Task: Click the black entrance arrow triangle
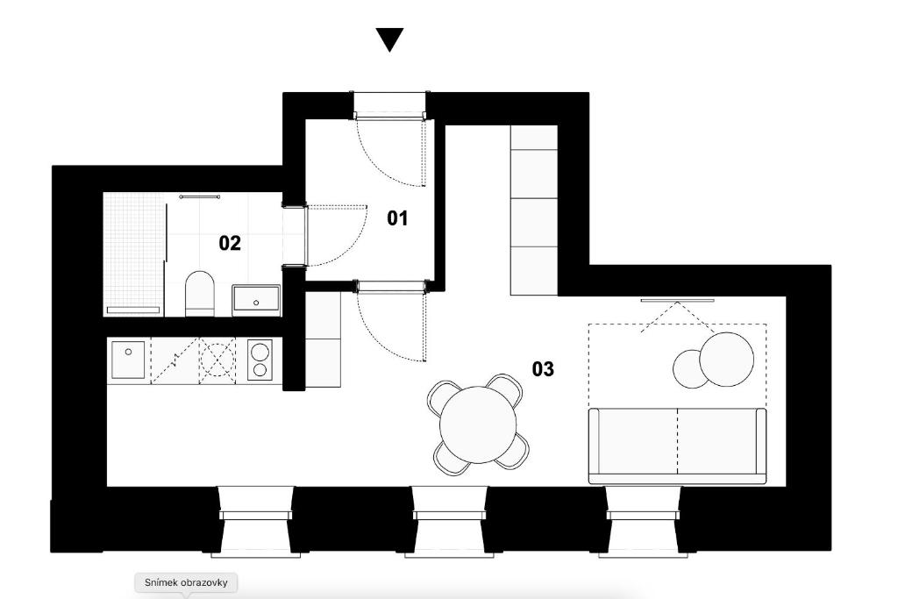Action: click(389, 39)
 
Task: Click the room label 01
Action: click(398, 218)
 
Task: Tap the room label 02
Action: click(230, 243)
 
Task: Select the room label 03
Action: click(544, 369)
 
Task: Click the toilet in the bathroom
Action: click(200, 294)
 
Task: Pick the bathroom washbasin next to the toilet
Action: click(256, 300)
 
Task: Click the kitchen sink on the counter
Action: click(129, 360)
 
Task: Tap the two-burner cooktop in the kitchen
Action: click(260, 360)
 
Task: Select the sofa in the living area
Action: click(676, 445)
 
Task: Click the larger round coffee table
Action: click(726, 358)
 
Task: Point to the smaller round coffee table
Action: click(689, 368)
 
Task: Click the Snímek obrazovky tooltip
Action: click(186, 582)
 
